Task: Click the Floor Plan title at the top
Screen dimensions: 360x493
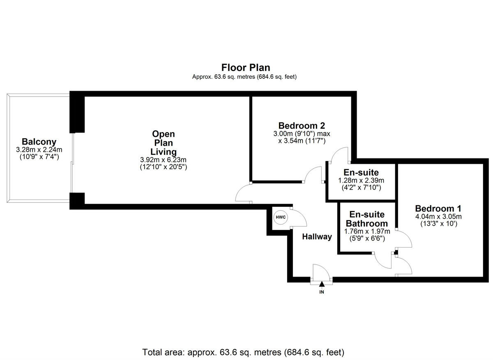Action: pos(246,67)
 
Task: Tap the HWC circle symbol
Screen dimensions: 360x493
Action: pos(281,218)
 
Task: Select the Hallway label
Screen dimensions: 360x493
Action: pos(317,236)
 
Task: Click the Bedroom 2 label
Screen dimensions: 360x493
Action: pos(302,126)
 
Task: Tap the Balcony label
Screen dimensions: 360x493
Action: pos(39,142)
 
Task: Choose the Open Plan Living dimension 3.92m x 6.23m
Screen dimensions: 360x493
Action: pos(163,160)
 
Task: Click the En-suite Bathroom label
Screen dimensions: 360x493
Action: pos(366,219)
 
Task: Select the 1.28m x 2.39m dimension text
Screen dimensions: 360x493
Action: pos(361,180)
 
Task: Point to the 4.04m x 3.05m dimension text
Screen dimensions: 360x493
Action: pos(438,216)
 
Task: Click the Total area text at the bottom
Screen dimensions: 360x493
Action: pos(243,352)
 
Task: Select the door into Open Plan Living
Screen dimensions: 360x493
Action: pos(244,193)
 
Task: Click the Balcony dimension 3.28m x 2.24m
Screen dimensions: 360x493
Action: pos(39,149)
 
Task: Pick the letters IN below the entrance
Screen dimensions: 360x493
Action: pos(322,292)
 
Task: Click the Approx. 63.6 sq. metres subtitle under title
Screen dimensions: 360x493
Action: pos(244,77)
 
